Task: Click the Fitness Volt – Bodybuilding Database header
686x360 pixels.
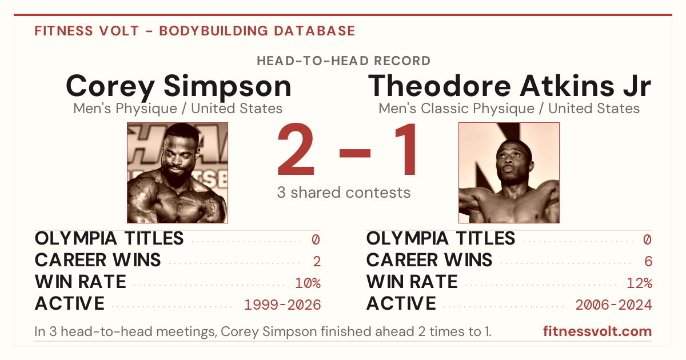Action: coord(195,31)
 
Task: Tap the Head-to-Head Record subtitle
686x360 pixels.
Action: coord(344,61)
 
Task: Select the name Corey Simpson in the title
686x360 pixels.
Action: coord(178,87)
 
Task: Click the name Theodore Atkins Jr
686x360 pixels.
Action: coord(509,86)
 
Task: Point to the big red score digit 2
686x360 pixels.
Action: coord(296,149)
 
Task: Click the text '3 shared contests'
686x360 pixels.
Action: coord(344,193)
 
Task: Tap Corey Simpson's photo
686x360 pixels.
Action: coord(178,173)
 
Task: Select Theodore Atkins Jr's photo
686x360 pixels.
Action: coord(509,173)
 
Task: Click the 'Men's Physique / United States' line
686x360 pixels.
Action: coord(178,109)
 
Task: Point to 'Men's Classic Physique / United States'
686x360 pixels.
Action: coord(509,109)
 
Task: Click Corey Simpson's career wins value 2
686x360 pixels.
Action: coord(317,262)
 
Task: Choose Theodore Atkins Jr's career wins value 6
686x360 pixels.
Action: coord(648,262)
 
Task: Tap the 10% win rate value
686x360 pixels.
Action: coord(308,283)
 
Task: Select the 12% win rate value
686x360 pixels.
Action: coord(640,283)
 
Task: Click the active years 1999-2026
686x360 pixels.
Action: coord(282,305)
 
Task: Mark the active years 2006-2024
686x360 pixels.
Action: coord(614,305)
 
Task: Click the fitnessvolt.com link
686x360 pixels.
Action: coord(597,331)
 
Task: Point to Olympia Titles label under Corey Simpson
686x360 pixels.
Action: coord(109,238)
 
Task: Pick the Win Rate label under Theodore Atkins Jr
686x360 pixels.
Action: coord(412,282)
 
